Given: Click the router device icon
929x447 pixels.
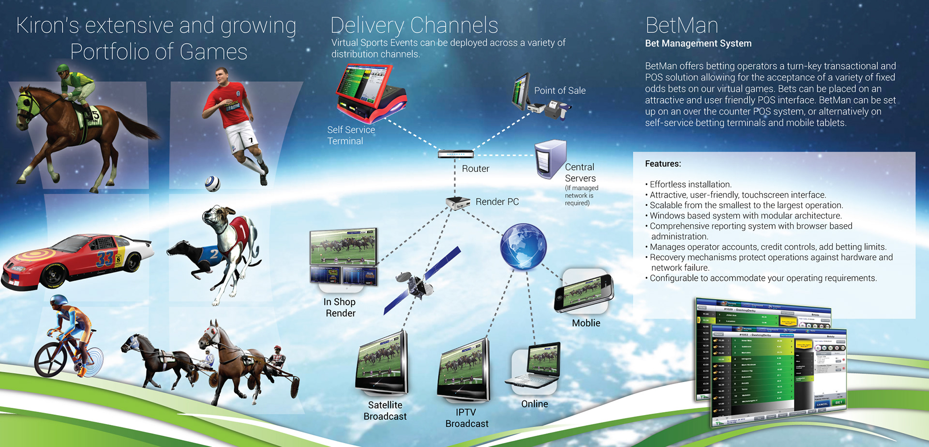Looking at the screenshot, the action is click(x=455, y=154).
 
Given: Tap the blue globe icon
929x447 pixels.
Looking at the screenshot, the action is click(x=523, y=247).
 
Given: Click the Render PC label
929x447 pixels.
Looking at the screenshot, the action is click(x=497, y=201).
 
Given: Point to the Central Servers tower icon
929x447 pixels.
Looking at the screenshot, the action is click(x=550, y=159).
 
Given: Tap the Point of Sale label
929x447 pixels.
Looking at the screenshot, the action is click(x=560, y=91).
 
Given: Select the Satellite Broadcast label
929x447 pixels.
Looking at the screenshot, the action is click(x=385, y=411).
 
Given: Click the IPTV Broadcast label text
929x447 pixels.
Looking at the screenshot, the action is click(x=466, y=418).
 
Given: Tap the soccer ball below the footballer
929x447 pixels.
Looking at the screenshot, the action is click(x=212, y=183).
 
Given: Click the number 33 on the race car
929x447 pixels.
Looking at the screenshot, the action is click(x=105, y=259).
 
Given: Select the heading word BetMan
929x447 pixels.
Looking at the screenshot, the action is click(x=681, y=25).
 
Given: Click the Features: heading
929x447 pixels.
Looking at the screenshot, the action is click(x=662, y=164).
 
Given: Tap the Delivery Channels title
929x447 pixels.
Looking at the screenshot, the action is click(x=414, y=25).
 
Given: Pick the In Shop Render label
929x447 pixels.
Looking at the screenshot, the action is click(x=340, y=308).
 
